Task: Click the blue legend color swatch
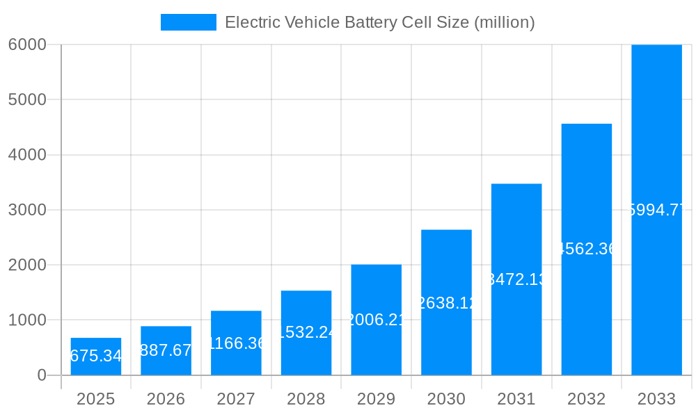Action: [x=188, y=22]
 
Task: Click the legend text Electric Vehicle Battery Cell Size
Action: [x=380, y=22]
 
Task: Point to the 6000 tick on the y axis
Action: [x=27, y=44]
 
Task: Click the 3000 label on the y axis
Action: [x=27, y=210]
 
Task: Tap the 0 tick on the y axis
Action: [x=41, y=375]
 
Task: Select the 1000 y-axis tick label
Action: [x=27, y=320]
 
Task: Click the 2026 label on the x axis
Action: [x=166, y=399]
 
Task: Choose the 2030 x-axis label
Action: [x=446, y=399]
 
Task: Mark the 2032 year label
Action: [x=586, y=399]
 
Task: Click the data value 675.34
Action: [x=96, y=357]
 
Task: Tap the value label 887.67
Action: [x=166, y=350]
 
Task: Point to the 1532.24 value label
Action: [x=306, y=333]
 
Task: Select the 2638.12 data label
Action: [x=446, y=302]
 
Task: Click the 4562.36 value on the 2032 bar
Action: [x=587, y=249]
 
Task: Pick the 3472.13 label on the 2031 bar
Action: [x=516, y=279]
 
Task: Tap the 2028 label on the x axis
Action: [x=306, y=399]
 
